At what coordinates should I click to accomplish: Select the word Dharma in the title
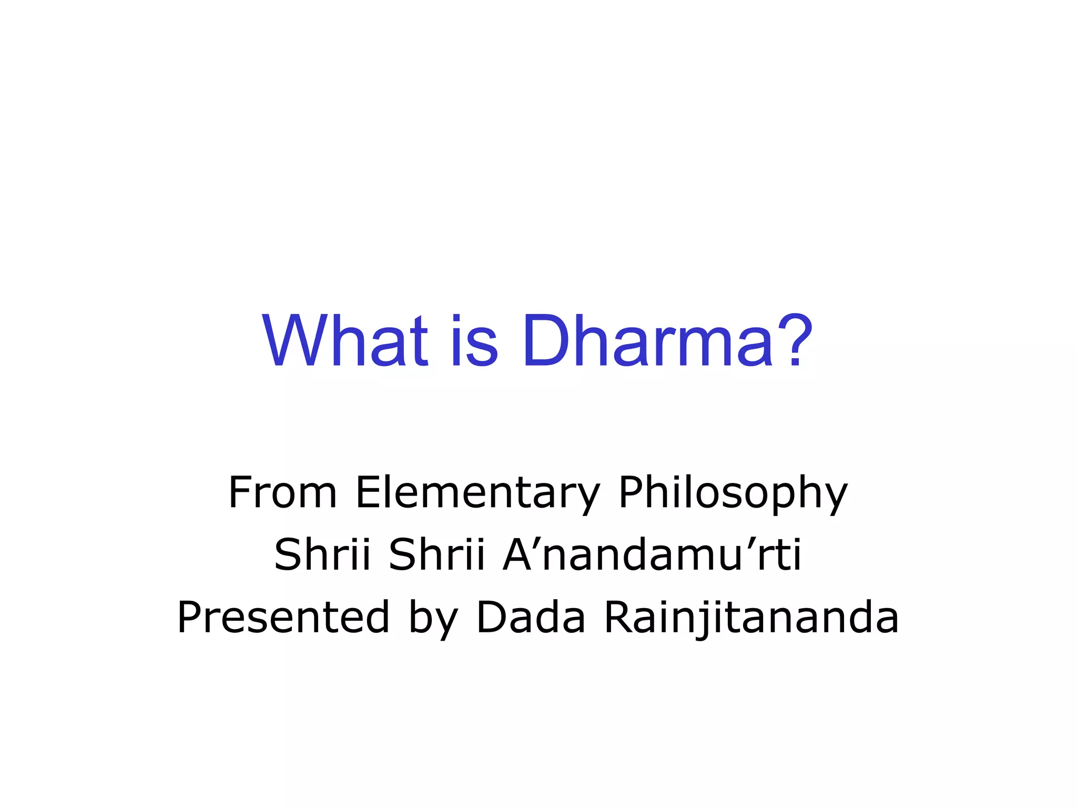(x=647, y=341)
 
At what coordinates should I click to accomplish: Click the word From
(x=282, y=492)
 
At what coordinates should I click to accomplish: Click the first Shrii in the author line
(x=322, y=554)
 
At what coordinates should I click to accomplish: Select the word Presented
(x=283, y=617)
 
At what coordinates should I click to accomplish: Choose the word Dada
(x=531, y=617)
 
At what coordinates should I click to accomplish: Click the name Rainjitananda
(x=751, y=617)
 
